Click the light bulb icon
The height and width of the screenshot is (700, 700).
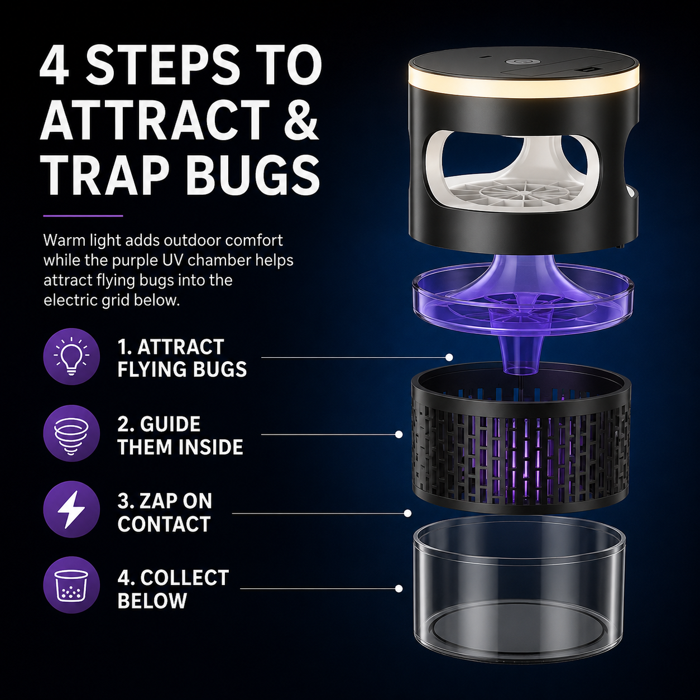[71, 356]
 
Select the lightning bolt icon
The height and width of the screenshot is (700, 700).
[71, 510]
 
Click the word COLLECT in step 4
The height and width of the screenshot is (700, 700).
[185, 578]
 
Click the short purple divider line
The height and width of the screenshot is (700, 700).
[83, 216]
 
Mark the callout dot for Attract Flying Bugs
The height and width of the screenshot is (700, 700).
[449, 357]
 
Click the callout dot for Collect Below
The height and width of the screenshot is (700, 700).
[399, 588]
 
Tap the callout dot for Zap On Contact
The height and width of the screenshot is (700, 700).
[407, 514]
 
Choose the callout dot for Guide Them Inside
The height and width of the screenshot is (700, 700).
[399, 434]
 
